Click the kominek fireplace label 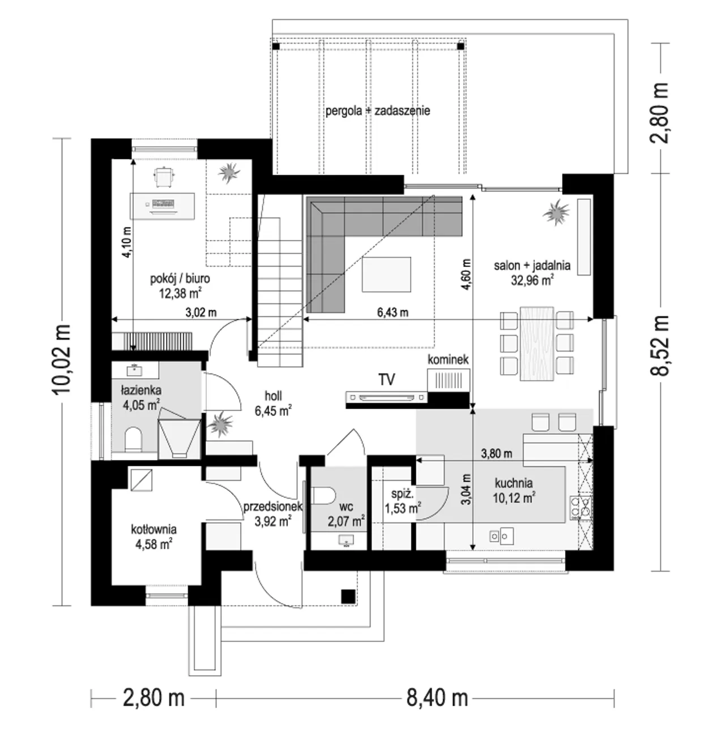click(x=448, y=359)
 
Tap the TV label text click(x=386, y=380)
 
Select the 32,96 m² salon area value click(x=532, y=280)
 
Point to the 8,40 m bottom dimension click(x=437, y=698)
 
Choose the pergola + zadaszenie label click(x=378, y=111)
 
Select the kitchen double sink click(x=501, y=536)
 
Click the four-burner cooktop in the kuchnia click(x=581, y=508)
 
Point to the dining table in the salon click(x=537, y=344)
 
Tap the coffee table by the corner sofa click(x=386, y=274)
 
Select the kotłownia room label click(x=153, y=530)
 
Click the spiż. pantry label click(x=402, y=494)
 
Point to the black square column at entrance click(x=348, y=597)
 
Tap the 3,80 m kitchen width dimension click(x=497, y=454)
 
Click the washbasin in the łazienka click(x=135, y=369)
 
